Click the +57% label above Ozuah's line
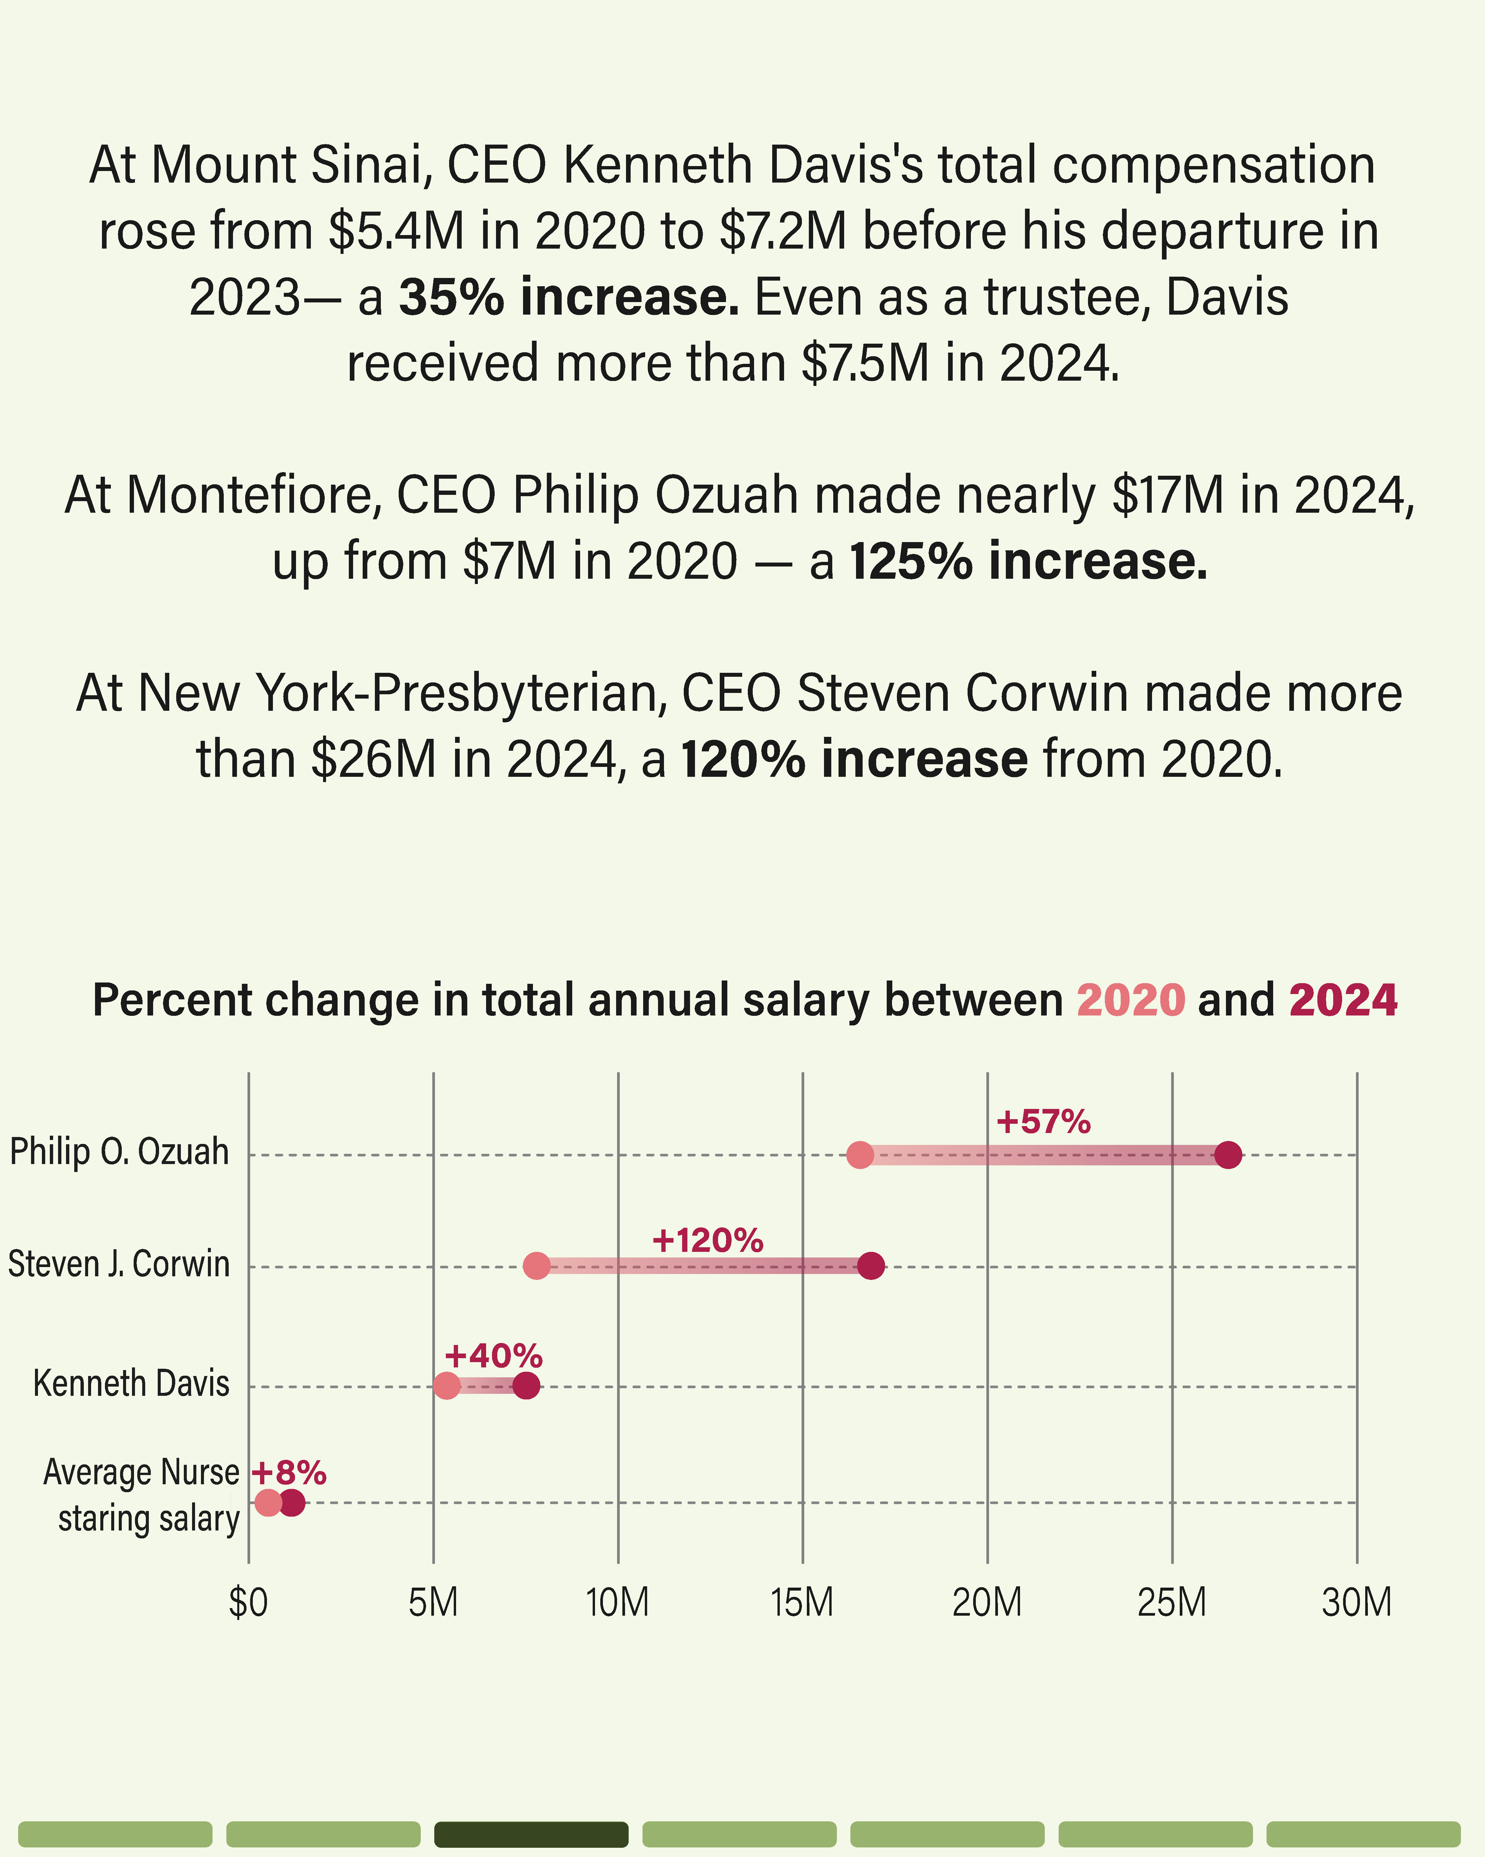coord(1043,1122)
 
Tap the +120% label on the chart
coord(708,1241)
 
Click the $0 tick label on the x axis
coord(249,1603)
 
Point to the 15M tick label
coord(802,1603)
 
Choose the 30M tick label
coord(1357,1603)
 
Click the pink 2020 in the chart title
coord(1130,1001)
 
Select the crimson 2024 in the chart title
coord(1343,1001)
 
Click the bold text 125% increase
coord(1029,562)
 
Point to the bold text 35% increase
coord(569,298)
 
